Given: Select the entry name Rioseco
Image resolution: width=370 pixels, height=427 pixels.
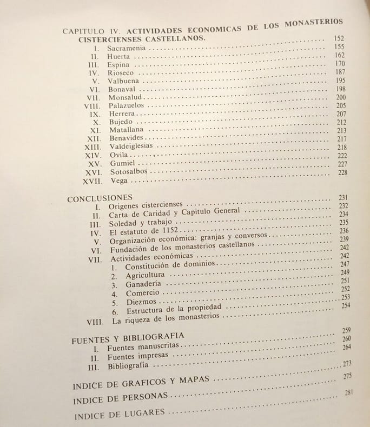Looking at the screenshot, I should (122, 72).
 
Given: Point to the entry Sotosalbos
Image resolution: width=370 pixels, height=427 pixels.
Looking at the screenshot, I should (129, 172).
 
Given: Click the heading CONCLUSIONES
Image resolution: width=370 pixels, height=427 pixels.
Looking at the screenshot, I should (100, 199).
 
